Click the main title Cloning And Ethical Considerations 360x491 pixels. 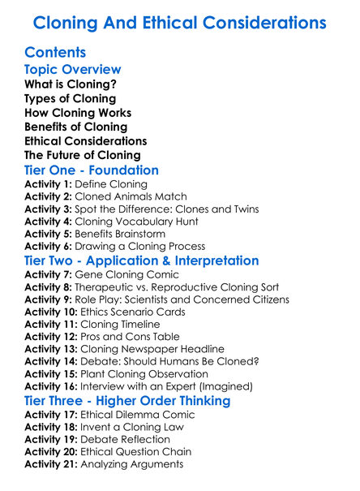point(180,23)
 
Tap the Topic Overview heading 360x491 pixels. point(73,70)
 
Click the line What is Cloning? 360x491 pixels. point(70,84)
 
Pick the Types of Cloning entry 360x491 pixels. point(70,99)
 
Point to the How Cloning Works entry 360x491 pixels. point(78,113)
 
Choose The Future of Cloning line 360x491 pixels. point(82,155)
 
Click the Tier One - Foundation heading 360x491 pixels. point(92,170)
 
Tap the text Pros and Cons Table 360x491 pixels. point(133,337)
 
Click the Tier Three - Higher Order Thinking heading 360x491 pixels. point(127,401)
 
